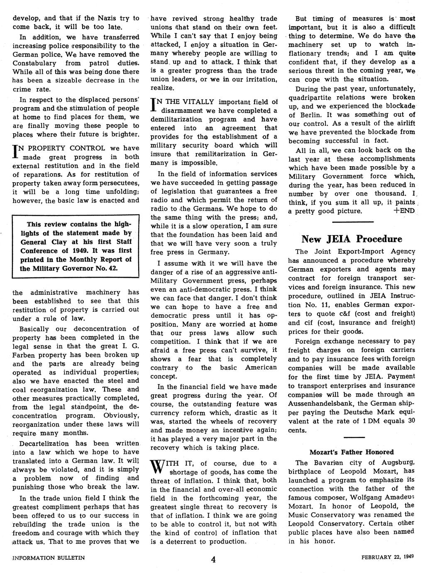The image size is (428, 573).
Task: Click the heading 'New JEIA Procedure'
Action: tap(352, 239)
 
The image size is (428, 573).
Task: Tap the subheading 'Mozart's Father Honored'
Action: tap(352, 452)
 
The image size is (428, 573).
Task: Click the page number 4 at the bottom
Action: tap(213, 559)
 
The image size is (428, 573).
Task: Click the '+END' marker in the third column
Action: tap(404, 211)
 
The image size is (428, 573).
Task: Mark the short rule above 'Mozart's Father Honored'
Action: tap(354, 438)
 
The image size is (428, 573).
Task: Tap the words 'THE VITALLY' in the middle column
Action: tap(183, 102)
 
